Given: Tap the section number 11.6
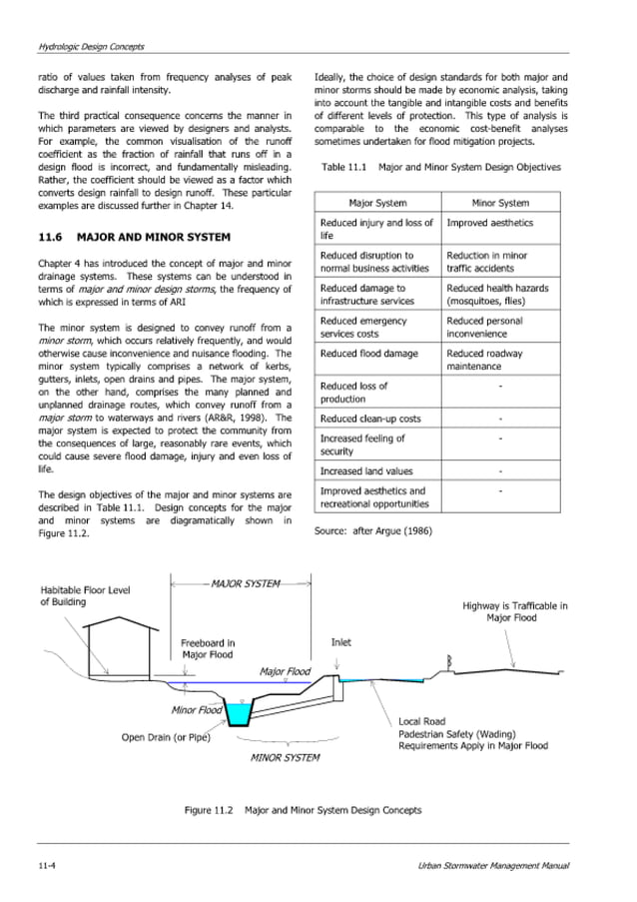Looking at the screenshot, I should (x=51, y=238).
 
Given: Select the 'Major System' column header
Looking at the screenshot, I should (x=375, y=203).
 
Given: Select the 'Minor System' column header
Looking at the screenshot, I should (x=500, y=203).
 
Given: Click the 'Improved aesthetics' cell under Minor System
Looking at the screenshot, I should (x=489, y=223).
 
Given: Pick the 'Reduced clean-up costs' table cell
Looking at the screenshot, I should (x=370, y=419).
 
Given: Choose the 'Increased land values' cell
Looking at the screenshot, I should (x=365, y=470).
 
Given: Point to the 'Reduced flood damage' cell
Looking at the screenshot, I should (x=368, y=354).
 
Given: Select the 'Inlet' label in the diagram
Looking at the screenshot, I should (x=340, y=642).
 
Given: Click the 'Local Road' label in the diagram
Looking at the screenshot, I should (x=421, y=720).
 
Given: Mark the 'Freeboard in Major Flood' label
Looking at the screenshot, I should (x=208, y=648).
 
